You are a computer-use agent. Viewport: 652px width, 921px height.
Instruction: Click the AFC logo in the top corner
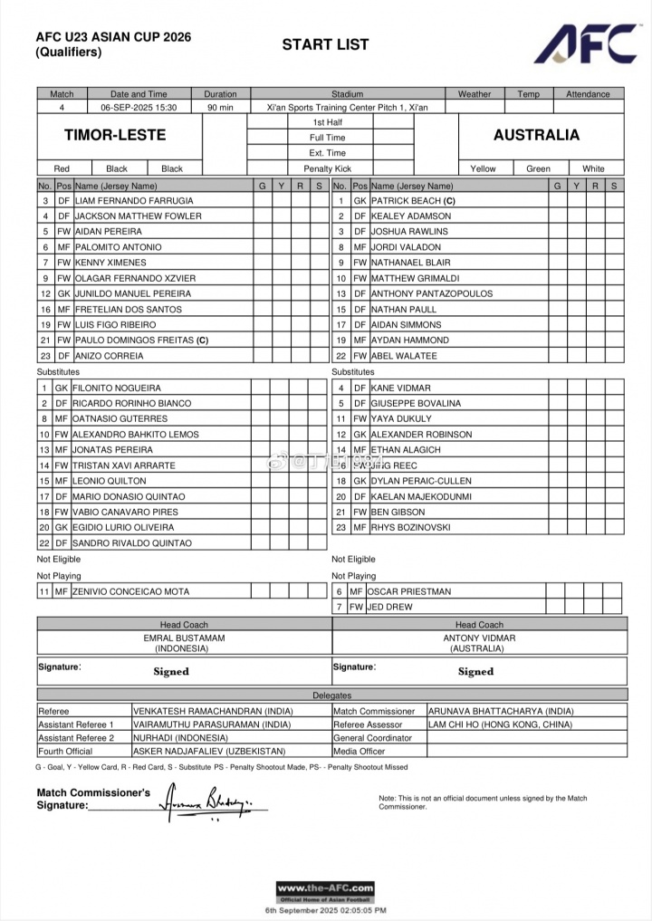(586, 43)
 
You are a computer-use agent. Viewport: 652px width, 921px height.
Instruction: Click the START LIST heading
(325, 44)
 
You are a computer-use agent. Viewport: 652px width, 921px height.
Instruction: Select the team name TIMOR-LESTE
(115, 135)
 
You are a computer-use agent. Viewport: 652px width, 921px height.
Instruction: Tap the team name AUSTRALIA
(536, 135)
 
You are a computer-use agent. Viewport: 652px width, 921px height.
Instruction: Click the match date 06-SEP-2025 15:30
(139, 107)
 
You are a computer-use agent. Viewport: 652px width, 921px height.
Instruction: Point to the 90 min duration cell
(220, 107)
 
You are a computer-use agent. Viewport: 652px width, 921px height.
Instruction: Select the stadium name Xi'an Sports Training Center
(347, 107)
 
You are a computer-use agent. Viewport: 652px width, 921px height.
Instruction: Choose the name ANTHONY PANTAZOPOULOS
(432, 293)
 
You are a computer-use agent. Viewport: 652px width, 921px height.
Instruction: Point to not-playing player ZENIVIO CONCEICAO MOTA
(132, 591)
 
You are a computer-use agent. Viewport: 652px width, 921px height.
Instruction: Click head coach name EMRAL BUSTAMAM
(184, 638)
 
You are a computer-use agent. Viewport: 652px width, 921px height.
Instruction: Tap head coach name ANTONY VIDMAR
(479, 638)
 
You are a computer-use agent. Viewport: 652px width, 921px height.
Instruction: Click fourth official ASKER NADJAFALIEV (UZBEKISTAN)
(209, 751)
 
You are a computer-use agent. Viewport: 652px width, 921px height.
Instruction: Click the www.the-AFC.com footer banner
(325, 889)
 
